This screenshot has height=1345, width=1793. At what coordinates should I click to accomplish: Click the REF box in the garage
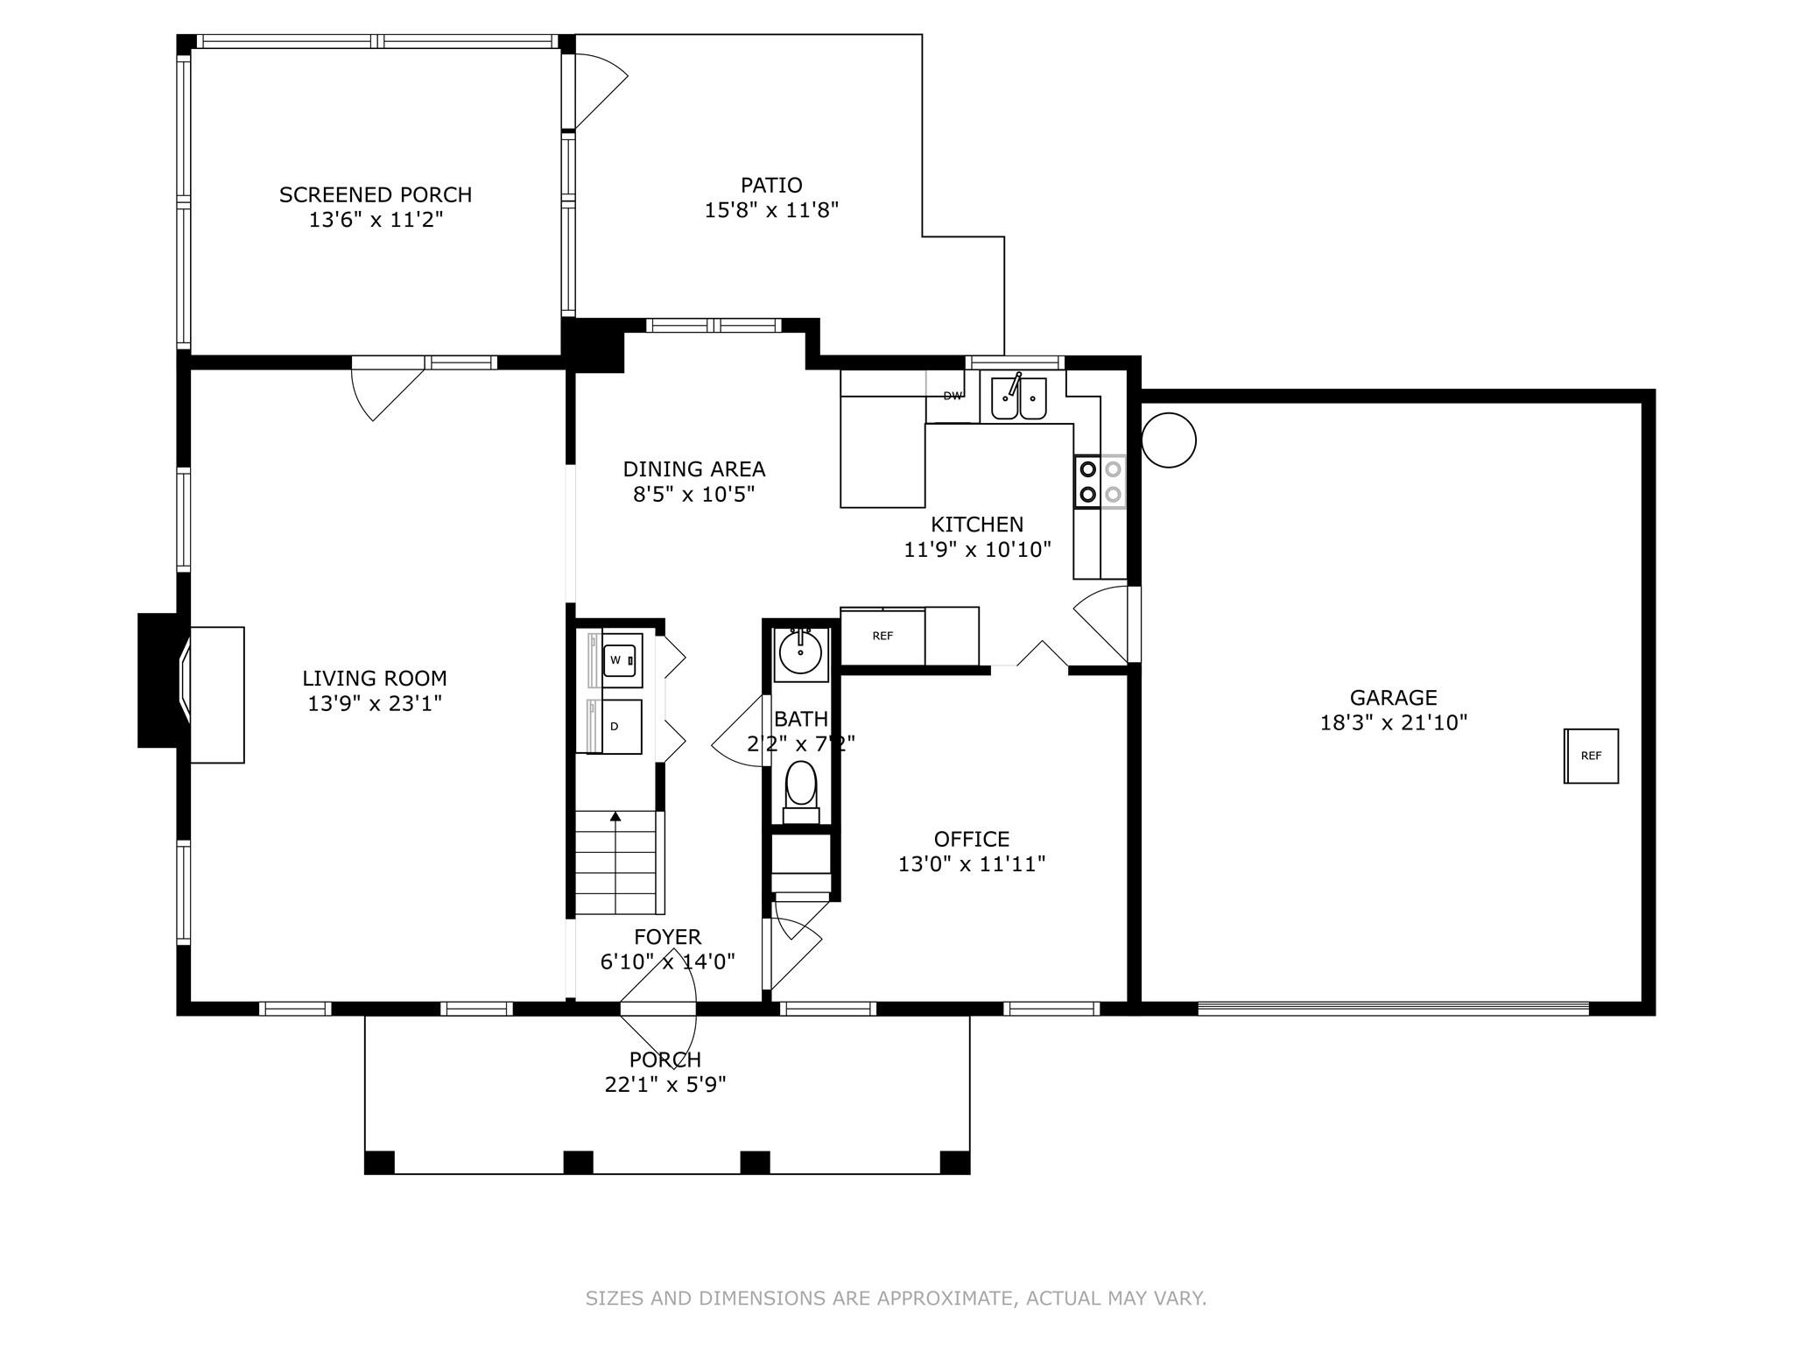click(1591, 756)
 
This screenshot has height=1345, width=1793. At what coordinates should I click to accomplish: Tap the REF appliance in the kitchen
click(882, 637)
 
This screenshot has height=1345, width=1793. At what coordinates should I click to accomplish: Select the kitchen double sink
click(1018, 398)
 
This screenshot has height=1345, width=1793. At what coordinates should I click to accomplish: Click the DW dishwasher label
click(953, 396)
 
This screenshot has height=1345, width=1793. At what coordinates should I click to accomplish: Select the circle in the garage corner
click(1169, 440)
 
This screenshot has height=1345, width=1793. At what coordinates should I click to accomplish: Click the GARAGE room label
click(1393, 698)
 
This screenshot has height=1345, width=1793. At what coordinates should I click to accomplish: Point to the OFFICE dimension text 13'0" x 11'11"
click(972, 864)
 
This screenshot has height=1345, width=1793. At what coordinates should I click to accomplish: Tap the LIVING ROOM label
click(375, 679)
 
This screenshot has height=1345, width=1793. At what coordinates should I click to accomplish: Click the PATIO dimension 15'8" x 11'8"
click(772, 210)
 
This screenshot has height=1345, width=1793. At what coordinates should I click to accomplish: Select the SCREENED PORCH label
click(376, 194)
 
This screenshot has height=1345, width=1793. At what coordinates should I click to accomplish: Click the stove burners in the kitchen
click(1100, 482)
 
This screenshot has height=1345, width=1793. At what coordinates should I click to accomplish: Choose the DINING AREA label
click(694, 469)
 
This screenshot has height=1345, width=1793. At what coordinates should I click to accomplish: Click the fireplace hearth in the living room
click(217, 694)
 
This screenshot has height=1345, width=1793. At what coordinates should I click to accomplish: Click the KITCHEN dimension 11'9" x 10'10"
click(977, 550)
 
